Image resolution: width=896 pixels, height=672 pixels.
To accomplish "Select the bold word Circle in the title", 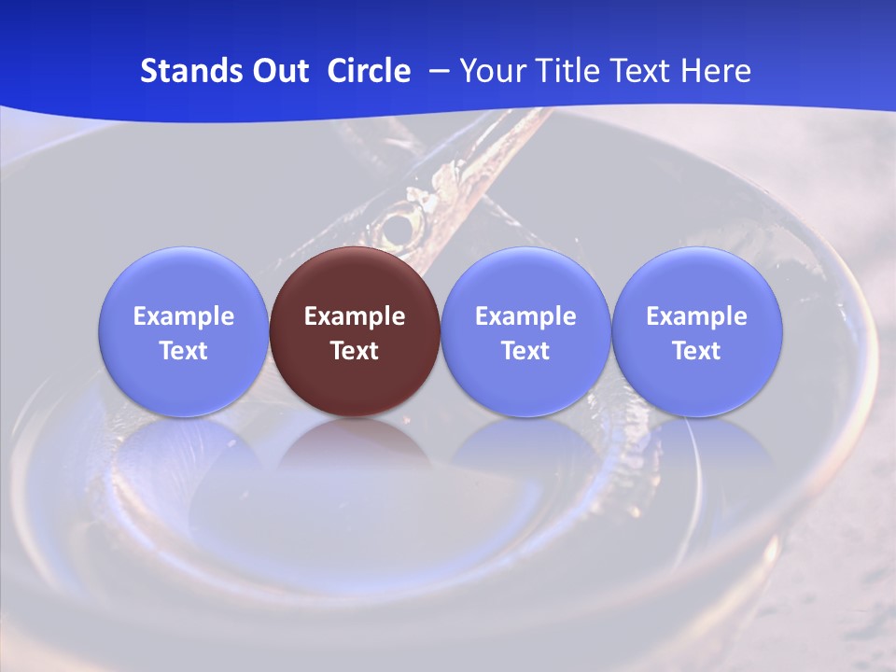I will pyautogui.click(x=369, y=71).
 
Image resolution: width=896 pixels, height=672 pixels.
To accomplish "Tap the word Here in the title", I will pyautogui.click(x=716, y=71).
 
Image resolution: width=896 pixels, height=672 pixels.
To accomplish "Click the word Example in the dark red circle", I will pyautogui.click(x=355, y=316).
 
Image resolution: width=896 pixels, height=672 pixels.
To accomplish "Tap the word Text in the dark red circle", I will pyautogui.click(x=355, y=351).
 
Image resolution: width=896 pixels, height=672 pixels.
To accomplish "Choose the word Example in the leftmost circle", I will pyautogui.click(x=184, y=316).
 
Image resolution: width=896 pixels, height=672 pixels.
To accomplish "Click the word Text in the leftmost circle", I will pyautogui.click(x=184, y=351).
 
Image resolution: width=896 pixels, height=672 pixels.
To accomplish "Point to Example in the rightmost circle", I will pyautogui.click(x=696, y=316).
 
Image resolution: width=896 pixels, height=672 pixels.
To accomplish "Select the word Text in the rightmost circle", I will pyautogui.click(x=696, y=351).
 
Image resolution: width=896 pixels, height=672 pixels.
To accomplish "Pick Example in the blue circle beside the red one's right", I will pyautogui.click(x=525, y=316).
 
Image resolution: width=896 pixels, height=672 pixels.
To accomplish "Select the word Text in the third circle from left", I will pyautogui.click(x=525, y=351).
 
